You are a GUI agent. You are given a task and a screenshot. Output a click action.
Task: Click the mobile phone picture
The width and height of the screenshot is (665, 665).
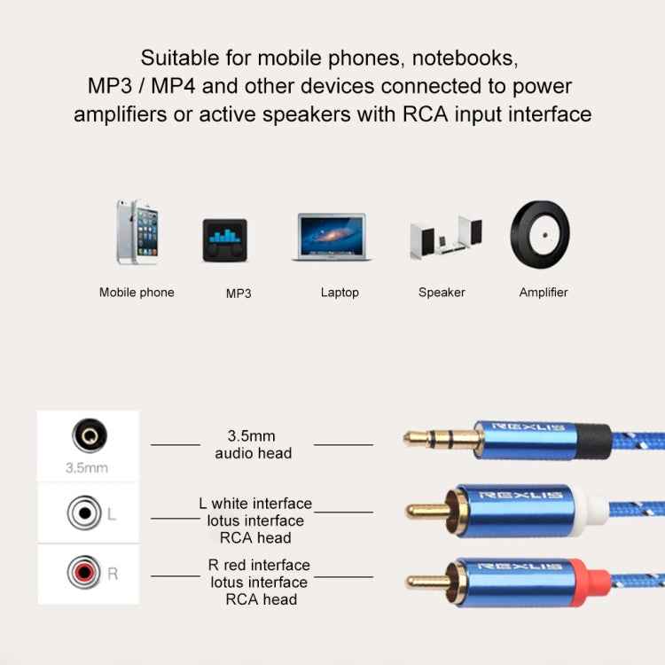pos(137,232)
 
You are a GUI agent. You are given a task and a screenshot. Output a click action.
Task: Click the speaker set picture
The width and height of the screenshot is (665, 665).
pos(445,238)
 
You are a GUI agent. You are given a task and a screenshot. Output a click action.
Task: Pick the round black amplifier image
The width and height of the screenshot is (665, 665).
pos(539,232)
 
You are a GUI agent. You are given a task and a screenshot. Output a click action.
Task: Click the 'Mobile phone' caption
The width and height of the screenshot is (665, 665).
pos(137,293)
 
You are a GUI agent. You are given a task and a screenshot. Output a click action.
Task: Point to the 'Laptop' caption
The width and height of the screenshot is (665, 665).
pos(340,293)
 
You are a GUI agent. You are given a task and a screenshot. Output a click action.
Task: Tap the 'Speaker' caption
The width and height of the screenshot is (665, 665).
pos(442,293)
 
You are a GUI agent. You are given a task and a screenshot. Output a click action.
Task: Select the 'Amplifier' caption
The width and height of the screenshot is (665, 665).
pos(543,293)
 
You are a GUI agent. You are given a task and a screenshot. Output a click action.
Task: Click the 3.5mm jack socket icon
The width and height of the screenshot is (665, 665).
pos(88,437)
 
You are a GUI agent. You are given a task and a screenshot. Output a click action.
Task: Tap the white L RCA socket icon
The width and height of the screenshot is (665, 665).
pos(83,512)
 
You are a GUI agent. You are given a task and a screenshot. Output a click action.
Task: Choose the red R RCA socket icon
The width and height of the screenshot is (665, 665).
pos(83,574)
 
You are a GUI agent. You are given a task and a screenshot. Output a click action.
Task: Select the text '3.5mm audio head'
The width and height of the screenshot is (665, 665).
pos(253,445)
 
